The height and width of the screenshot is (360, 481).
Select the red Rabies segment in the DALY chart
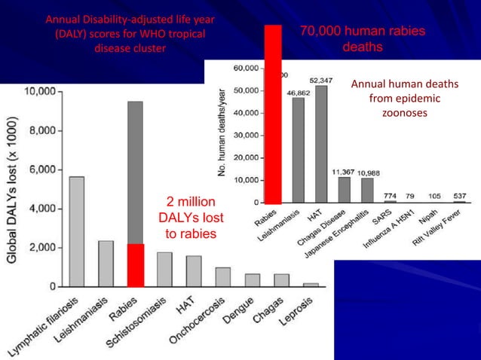[x=135, y=265]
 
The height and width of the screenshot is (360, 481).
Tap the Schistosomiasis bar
[x=164, y=269]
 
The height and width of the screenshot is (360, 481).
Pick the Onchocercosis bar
[x=222, y=276]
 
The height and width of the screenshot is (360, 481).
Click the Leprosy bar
[x=311, y=284]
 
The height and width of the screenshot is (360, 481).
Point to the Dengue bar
[x=252, y=279]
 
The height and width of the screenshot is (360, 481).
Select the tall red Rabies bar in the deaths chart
[x=272, y=113]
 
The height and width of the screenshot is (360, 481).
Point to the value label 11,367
[x=344, y=172]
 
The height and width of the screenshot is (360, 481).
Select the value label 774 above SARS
[x=390, y=195]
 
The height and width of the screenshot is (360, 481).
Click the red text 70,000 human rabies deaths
[x=363, y=39]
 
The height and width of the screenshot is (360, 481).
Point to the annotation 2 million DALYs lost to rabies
[x=191, y=218]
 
